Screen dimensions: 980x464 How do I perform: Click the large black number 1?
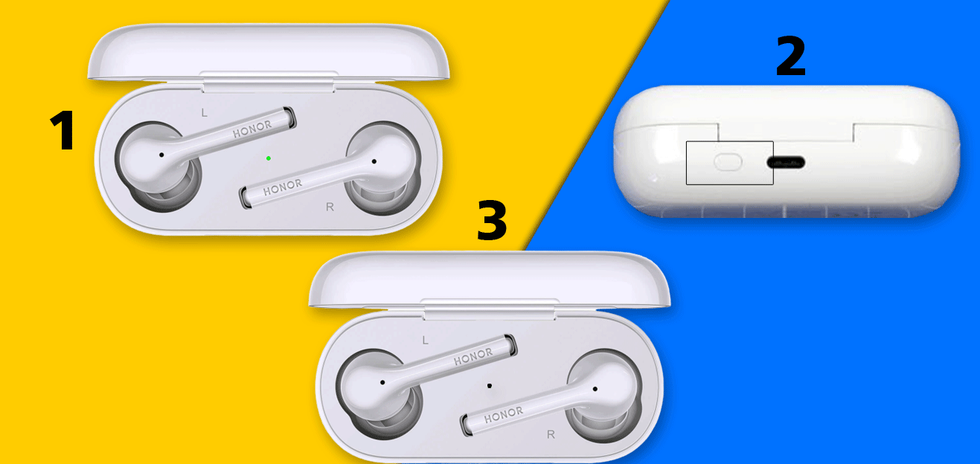click(x=63, y=130)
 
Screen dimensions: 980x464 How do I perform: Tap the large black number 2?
click(x=790, y=56)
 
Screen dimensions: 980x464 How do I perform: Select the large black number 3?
click(x=492, y=220)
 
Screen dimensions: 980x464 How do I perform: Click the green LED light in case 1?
click(x=268, y=158)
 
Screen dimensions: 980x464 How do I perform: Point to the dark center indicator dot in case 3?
click(x=490, y=386)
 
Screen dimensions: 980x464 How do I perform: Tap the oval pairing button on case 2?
click(x=728, y=162)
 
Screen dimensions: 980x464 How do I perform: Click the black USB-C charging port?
click(x=786, y=163)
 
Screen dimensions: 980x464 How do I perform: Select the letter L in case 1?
click(x=204, y=113)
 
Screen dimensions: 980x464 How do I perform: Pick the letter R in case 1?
click(x=330, y=207)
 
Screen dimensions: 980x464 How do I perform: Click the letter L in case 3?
click(x=425, y=341)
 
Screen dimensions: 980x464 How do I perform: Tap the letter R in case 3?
click(x=551, y=434)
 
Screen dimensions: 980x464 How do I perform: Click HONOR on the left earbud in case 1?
click(x=252, y=129)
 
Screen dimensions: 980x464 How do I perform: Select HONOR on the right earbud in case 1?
click(x=283, y=187)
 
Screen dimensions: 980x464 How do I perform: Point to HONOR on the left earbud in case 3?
click(x=473, y=357)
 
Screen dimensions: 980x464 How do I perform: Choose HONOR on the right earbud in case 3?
click(x=504, y=415)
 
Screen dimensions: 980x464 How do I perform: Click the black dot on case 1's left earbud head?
click(x=161, y=155)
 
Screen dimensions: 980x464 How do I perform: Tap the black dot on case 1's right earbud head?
click(x=374, y=161)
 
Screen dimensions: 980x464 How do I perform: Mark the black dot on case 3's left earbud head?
click(x=382, y=382)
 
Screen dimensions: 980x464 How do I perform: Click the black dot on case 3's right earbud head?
click(x=595, y=389)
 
